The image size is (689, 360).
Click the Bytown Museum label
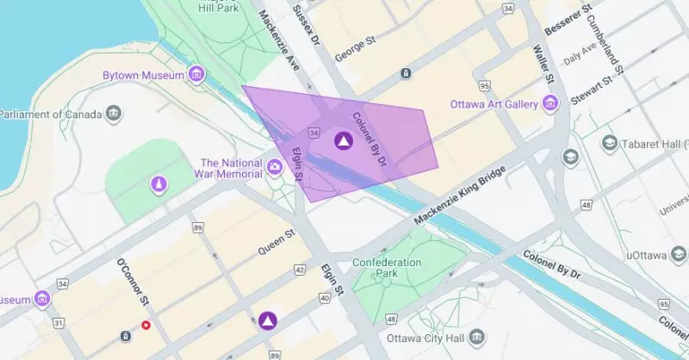[x=143, y=75]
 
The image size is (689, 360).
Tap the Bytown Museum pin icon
[x=197, y=75]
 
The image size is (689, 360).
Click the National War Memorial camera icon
[x=276, y=167]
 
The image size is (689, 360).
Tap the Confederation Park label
[x=387, y=268]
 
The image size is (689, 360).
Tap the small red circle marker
[x=146, y=326]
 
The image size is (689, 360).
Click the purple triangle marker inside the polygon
[x=343, y=141]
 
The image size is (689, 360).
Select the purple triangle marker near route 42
[x=268, y=320]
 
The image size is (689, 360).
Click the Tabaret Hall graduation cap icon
[x=610, y=143]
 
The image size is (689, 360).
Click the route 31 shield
[x=58, y=322]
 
